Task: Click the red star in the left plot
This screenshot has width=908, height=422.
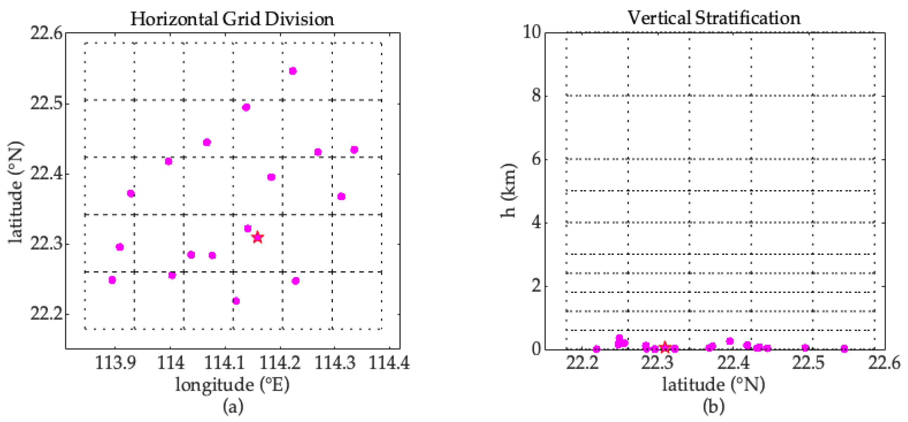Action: tap(258, 237)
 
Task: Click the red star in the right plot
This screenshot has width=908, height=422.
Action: tap(665, 348)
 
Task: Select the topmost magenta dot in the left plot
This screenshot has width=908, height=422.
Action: tap(293, 71)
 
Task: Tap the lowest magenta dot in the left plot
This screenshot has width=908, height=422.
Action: tap(236, 301)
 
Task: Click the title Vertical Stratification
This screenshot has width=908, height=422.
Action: tap(714, 18)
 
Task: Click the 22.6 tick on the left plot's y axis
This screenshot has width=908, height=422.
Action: tap(46, 33)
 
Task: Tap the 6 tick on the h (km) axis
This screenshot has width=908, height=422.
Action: tap(537, 159)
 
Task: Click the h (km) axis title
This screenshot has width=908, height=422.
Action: tap(509, 190)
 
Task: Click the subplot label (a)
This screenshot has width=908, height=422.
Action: tap(233, 406)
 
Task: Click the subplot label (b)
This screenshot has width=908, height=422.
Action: tap(713, 406)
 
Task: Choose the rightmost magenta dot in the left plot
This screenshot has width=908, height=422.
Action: tap(354, 150)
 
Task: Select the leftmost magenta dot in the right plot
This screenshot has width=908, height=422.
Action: tap(596, 349)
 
